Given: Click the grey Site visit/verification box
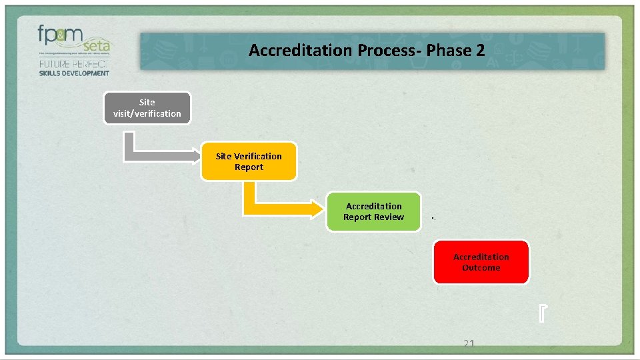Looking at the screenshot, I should (x=147, y=108).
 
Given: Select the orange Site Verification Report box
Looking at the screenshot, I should (x=249, y=161).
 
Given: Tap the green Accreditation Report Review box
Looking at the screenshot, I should (x=373, y=212).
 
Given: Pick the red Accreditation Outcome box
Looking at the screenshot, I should (x=481, y=262).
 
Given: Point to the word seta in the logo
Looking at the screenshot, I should (x=97, y=46).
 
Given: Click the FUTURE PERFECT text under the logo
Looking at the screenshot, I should (x=74, y=64).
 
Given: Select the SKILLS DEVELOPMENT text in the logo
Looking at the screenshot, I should (x=74, y=73).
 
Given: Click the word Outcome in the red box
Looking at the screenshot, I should (x=481, y=267).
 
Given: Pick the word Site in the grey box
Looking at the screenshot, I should (x=147, y=103).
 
